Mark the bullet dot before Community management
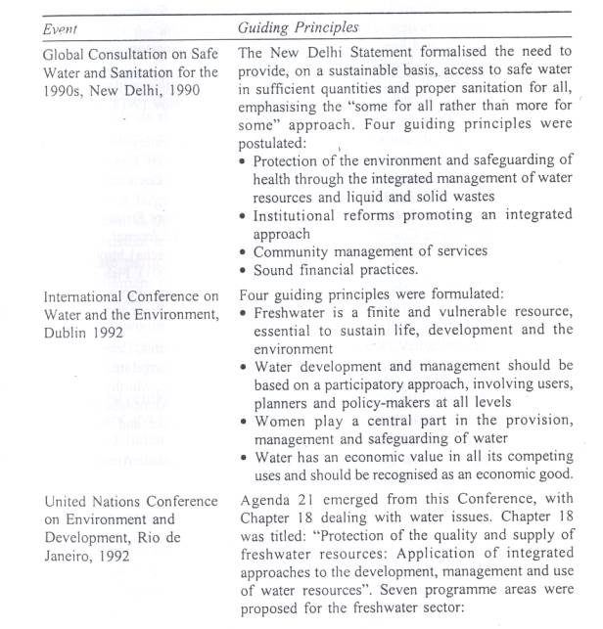pyautogui.click(x=245, y=251)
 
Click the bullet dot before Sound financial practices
pyautogui.click(x=245, y=270)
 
